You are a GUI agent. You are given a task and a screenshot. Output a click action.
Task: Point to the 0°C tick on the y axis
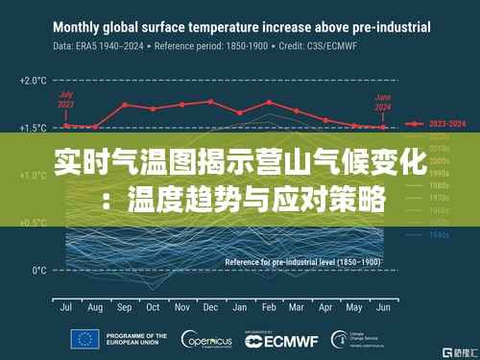pyautogui.click(x=37, y=270)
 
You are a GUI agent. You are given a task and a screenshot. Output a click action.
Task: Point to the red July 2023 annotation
pyautogui.click(x=66, y=99)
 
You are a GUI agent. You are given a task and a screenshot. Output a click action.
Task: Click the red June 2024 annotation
pyautogui.click(x=383, y=99)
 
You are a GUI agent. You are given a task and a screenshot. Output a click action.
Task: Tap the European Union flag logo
pyautogui.click(x=83, y=339)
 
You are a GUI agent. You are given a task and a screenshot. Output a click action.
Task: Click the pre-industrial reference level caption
pyautogui.click(x=302, y=261)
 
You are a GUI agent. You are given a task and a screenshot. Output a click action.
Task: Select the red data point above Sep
pyautogui.click(x=124, y=106)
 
